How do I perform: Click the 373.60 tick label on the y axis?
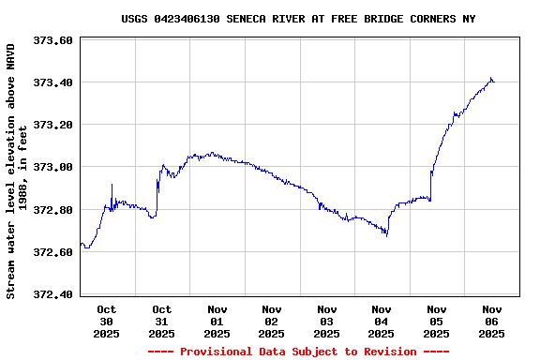click(x=53, y=40)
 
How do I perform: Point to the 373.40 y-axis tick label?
click(x=53, y=82)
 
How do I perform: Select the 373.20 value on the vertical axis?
click(x=53, y=125)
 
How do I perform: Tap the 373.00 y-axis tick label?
click(x=53, y=167)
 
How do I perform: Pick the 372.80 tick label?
click(x=53, y=210)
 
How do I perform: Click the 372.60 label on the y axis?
click(x=53, y=252)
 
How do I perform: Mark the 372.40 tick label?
click(x=53, y=294)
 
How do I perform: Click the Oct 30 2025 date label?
click(x=107, y=321)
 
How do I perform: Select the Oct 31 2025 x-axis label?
click(x=162, y=321)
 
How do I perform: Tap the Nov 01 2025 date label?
click(x=217, y=321)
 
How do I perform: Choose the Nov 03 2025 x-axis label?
click(x=327, y=321)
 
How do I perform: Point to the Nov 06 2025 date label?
click(x=492, y=321)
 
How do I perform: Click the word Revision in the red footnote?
click(x=385, y=352)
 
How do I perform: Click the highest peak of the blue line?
click(x=490, y=78)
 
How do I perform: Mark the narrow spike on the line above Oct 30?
click(x=112, y=185)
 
